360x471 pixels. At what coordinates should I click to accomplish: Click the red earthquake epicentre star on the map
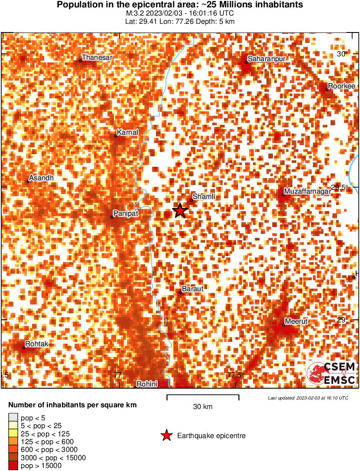click(x=180, y=211)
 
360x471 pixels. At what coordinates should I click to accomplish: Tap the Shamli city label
click(x=204, y=197)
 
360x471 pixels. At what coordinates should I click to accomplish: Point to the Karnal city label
click(x=128, y=132)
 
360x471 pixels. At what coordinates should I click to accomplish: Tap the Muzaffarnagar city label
click(x=307, y=191)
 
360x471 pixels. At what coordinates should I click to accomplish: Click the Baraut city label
click(x=193, y=289)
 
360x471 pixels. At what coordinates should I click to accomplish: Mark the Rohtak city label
click(x=37, y=344)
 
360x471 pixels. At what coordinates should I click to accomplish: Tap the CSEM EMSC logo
click(x=331, y=374)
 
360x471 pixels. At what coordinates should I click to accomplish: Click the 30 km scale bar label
click(x=203, y=406)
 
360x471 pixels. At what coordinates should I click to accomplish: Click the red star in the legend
click(x=166, y=435)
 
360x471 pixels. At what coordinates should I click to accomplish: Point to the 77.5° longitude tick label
click(x=236, y=375)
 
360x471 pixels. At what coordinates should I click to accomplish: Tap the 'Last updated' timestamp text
click(x=308, y=398)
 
